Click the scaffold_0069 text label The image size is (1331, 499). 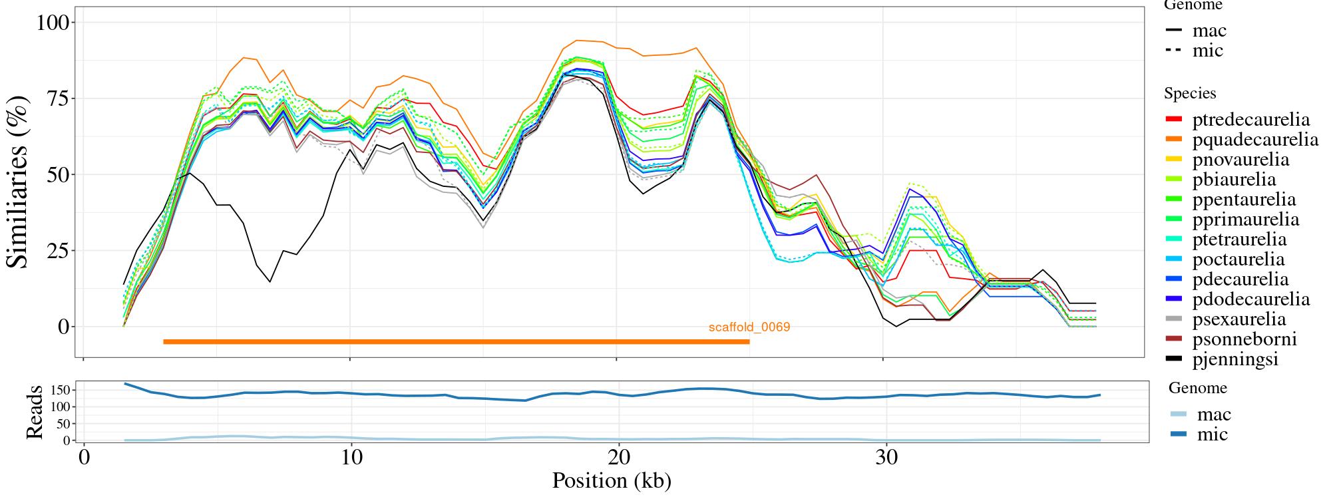pos(749,327)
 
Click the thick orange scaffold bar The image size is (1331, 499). pos(456,342)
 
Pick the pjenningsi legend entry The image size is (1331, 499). pos(1235,359)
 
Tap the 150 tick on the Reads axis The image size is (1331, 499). pos(61,389)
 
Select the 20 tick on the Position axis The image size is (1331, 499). pos(619,459)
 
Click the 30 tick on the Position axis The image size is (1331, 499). pos(886,459)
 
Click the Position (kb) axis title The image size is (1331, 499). pos(612,480)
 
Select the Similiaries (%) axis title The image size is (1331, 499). pos(19,182)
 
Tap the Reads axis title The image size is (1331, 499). pos(34,412)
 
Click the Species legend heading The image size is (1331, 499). pos(1190,94)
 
